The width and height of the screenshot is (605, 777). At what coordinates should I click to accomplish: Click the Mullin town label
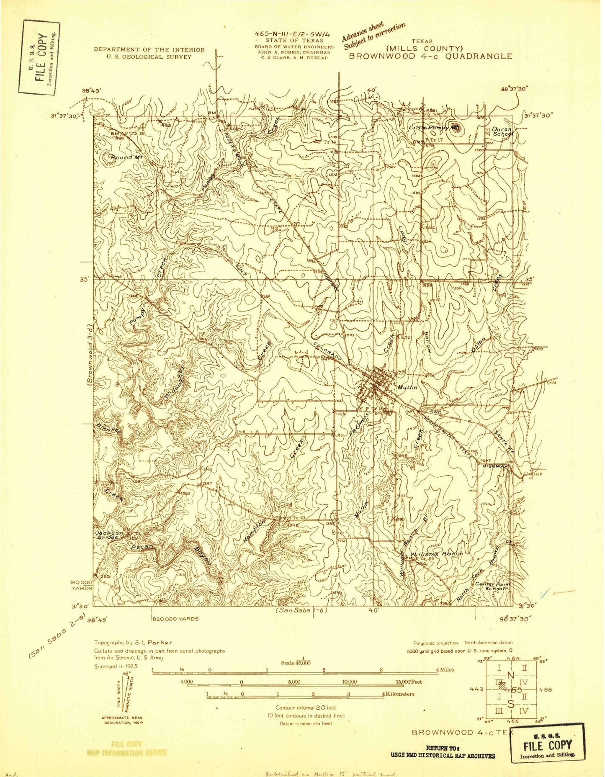click(x=407, y=388)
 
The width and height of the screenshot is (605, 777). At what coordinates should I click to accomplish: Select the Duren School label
click(x=502, y=131)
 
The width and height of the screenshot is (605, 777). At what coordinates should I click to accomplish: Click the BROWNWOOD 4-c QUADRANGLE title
click(x=430, y=56)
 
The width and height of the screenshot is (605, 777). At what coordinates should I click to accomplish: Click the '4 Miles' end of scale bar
click(x=444, y=670)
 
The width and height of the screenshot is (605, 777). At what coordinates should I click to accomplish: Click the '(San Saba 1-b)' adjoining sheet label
click(x=299, y=610)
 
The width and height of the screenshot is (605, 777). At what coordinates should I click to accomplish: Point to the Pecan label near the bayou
click(x=142, y=547)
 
